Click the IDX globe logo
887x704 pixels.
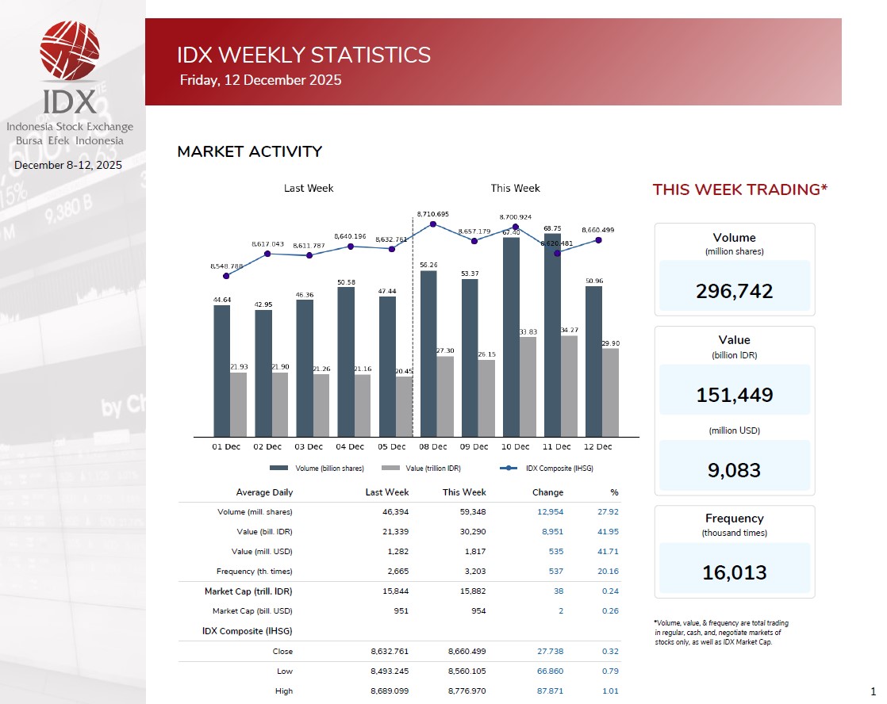pyautogui.click(x=70, y=51)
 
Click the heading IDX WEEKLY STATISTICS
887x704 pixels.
pyautogui.click(x=304, y=55)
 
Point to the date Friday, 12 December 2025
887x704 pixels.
pyautogui.click(x=260, y=80)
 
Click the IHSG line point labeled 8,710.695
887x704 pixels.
pyautogui.click(x=432, y=224)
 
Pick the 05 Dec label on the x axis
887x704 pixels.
pyautogui.click(x=391, y=447)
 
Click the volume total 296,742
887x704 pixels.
pyautogui.click(x=734, y=291)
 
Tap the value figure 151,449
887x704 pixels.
pyautogui.click(x=734, y=395)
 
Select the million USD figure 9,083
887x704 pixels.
pyautogui.click(x=734, y=470)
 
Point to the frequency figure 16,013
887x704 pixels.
pyautogui.click(x=734, y=572)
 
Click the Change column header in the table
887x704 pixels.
pyautogui.click(x=547, y=492)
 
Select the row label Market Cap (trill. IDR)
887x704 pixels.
pyautogui.click(x=248, y=591)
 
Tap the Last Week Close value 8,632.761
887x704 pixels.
pyautogui.click(x=390, y=652)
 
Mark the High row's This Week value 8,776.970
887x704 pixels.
pyautogui.click(x=467, y=691)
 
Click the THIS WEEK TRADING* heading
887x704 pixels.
pyautogui.click(x=739, y=189)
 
